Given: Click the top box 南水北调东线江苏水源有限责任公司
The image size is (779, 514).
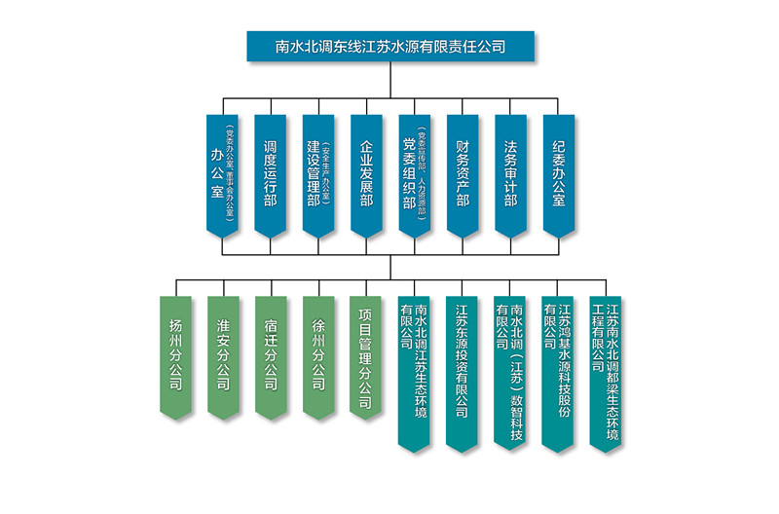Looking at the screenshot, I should coord(389,46).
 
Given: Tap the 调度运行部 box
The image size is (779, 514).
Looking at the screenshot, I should coord(270,175).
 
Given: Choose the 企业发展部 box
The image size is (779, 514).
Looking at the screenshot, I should coord(366,175).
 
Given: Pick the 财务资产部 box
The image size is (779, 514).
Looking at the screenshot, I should coord(463,175).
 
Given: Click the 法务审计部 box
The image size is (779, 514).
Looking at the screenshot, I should coord(510,175).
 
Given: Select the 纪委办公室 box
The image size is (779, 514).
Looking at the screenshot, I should coord(558,175).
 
